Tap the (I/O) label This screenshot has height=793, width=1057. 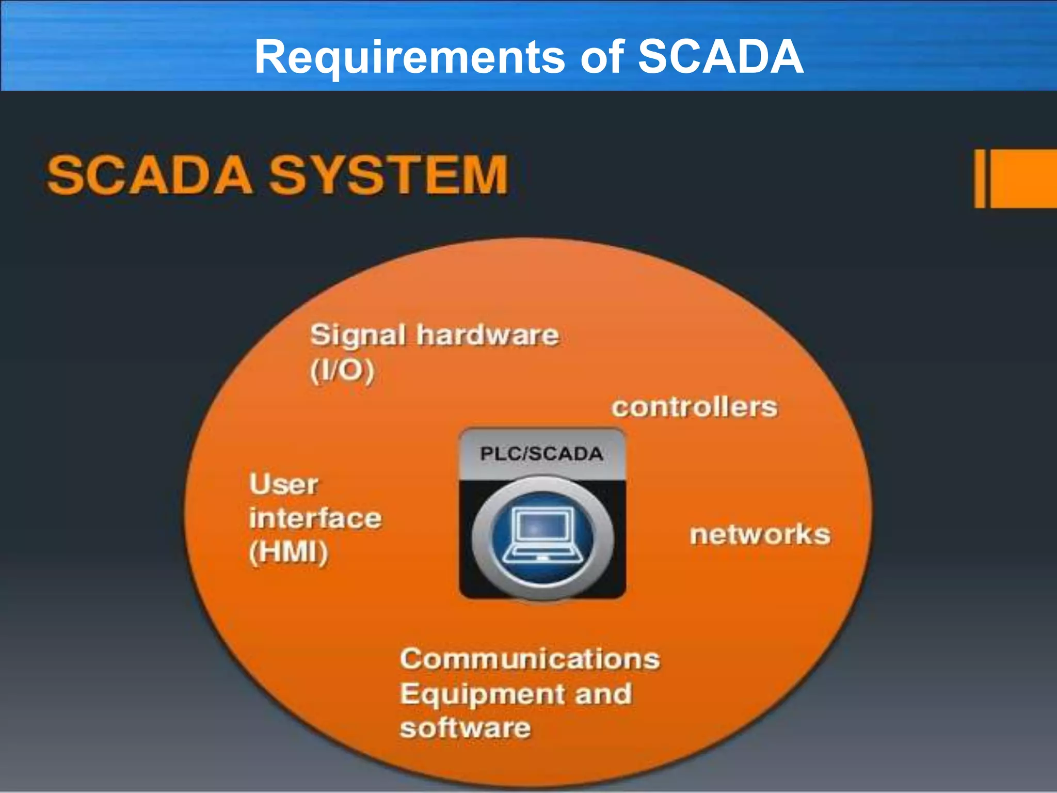click(342, 370)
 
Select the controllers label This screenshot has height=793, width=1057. click(695, 407)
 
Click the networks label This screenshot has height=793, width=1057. click(760, 534)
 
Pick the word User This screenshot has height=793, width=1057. click(284, 484)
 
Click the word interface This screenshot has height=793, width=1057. click(315, 518)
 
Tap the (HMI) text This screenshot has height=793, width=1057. click(289, 552)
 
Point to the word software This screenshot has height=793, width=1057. click(465, 728)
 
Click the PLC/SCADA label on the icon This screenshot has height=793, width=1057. click(541, 454)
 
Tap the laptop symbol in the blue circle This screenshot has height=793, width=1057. click(542, 536)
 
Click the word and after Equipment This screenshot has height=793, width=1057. click(603, 693)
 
